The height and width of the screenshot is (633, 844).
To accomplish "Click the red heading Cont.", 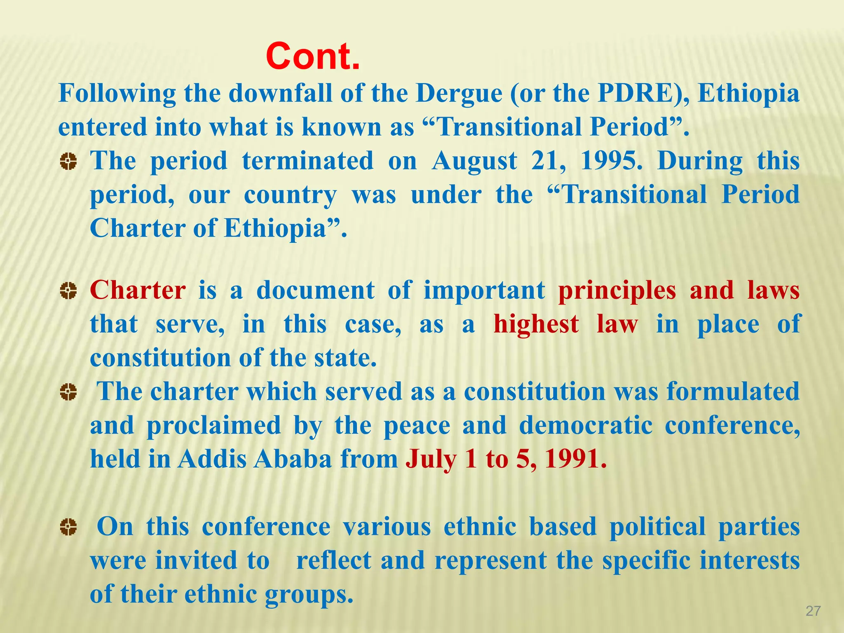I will (313, 56).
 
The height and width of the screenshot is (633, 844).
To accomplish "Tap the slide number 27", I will (813, 611).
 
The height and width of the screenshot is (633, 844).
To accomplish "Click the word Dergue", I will (459, 94).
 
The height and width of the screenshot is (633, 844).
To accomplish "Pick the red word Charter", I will (138, 290).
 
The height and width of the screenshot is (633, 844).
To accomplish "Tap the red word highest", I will (536, 324).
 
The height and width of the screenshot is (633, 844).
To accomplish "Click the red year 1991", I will (575, 459).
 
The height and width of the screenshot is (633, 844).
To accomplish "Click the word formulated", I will (733, 392).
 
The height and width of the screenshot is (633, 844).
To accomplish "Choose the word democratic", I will (586, 425).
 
